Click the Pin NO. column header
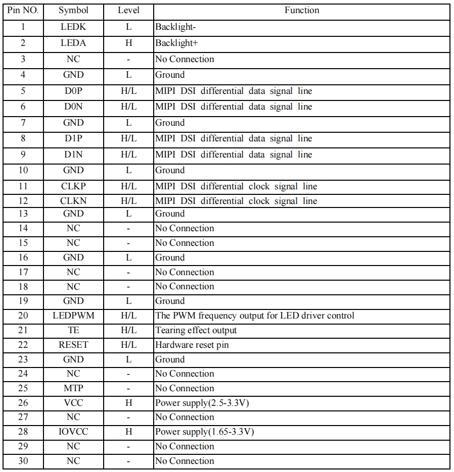click(23, 10)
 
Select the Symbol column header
click(73, 10)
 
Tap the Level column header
click(128, 10)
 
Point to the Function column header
click(301, 10)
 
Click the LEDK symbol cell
click(73, 27)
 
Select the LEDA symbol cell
click(73, 43)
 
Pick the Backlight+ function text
click(176, 43)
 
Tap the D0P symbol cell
click(73, 91)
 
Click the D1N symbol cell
click(73, 154)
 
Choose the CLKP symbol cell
click(73, 186)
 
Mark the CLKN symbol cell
click(73, 201)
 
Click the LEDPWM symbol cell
click(73, 316)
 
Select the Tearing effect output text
click(196, 330)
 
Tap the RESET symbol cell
click(73, 345)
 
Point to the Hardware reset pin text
click(195, 345)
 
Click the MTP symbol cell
click(73, 388)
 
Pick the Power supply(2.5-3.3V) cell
click(202, 403)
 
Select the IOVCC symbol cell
click(73, 432)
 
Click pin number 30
click(23, 461)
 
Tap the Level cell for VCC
click(128, 403)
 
